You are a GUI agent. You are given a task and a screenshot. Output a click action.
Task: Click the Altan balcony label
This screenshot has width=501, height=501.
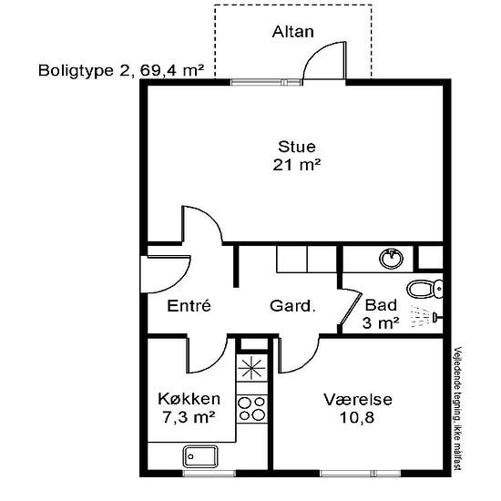[x=292, y=32]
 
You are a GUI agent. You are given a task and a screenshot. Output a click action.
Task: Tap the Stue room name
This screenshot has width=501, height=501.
[x=297, y=147]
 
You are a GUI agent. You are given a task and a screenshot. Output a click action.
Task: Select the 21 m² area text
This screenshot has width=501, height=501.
[x=297, y=165]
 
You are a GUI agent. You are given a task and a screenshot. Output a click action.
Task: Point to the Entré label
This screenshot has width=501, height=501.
[x=189, y=305]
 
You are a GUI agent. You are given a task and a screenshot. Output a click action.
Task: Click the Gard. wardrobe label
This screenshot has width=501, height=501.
[x=292, y=306]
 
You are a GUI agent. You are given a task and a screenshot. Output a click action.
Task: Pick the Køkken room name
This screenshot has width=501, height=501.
[x=189, y=399]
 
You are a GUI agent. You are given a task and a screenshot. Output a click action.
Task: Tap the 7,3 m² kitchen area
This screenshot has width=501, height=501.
[x=189, y=417]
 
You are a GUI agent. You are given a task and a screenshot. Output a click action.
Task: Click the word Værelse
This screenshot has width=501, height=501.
[x=358, y=399]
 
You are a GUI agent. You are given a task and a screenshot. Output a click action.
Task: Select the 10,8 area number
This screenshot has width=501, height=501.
[x=357, y=417]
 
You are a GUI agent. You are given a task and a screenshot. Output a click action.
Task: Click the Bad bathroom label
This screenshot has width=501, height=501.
[x=381, y=305]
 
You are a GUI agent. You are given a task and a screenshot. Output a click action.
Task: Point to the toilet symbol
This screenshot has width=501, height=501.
[x=425, y=289]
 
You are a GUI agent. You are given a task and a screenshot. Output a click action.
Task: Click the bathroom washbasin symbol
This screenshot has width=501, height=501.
[x=391, y=259]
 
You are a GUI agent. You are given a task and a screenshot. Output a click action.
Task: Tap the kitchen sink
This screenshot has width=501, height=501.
[x=200, y=457]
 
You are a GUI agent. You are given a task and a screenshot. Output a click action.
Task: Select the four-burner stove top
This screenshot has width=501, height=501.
[x=252, y=409]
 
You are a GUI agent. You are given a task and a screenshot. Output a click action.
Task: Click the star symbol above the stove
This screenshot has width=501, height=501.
[x=252, y=368]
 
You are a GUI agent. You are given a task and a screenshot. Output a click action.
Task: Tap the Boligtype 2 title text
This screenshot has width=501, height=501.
[x=121, y=70]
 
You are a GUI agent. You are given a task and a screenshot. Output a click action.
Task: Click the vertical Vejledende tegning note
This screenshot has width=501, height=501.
[x=458, y=409]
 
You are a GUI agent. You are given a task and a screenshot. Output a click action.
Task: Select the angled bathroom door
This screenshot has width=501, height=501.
[x=350, y=307]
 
